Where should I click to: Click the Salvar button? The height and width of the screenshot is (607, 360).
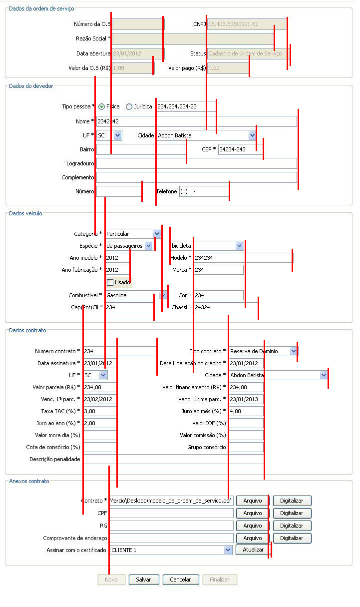[143, 580]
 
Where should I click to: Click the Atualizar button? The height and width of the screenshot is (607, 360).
[253, 550]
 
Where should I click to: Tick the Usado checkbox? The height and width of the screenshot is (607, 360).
[110, 282]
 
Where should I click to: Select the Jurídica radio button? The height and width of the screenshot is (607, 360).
[129, 106]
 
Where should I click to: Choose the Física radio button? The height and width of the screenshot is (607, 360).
[102, 106]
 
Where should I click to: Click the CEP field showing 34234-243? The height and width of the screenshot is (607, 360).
[240, 149]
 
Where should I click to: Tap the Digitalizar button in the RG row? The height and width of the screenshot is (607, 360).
[292, 526]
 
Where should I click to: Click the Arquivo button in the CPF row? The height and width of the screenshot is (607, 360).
[252, 513]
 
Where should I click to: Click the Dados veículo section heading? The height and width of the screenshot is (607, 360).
[26, 213]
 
